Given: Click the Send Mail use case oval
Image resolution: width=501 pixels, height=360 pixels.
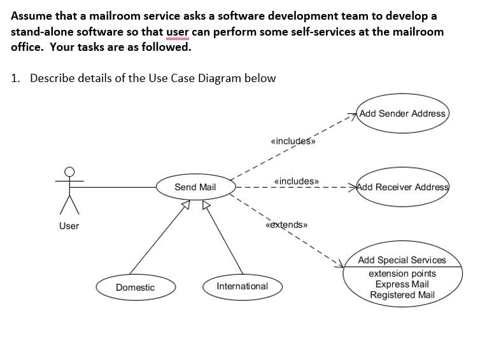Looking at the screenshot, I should pos(195,187).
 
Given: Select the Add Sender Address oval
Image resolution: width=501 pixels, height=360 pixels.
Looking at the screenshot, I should pos(402,114).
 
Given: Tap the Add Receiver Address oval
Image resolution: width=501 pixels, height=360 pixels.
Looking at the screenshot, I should pos(402,187).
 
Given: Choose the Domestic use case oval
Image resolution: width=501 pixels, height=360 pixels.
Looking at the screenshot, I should pos(135,287).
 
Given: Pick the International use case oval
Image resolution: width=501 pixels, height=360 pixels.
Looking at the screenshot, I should pos(242,286).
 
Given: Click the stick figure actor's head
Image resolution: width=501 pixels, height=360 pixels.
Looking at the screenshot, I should pos(69,171).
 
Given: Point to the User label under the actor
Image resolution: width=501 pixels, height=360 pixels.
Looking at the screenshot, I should pos(69,226).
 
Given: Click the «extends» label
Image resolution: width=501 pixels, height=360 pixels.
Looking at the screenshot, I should pos(286,225).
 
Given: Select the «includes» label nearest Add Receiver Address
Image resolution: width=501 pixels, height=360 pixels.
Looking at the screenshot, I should pos(296,181).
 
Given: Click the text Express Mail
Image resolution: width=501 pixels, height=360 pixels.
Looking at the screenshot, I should pos(402,284).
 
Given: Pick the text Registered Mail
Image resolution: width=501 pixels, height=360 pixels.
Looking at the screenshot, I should pos(402,294).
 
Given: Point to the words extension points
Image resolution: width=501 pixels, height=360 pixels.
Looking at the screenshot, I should pos(402,273).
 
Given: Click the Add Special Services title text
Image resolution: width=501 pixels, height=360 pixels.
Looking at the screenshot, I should pos(402,260).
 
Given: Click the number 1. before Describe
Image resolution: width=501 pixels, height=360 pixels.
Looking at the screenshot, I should pos(16,78).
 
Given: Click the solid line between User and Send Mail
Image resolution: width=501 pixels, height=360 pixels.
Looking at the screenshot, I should pos(115,187).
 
